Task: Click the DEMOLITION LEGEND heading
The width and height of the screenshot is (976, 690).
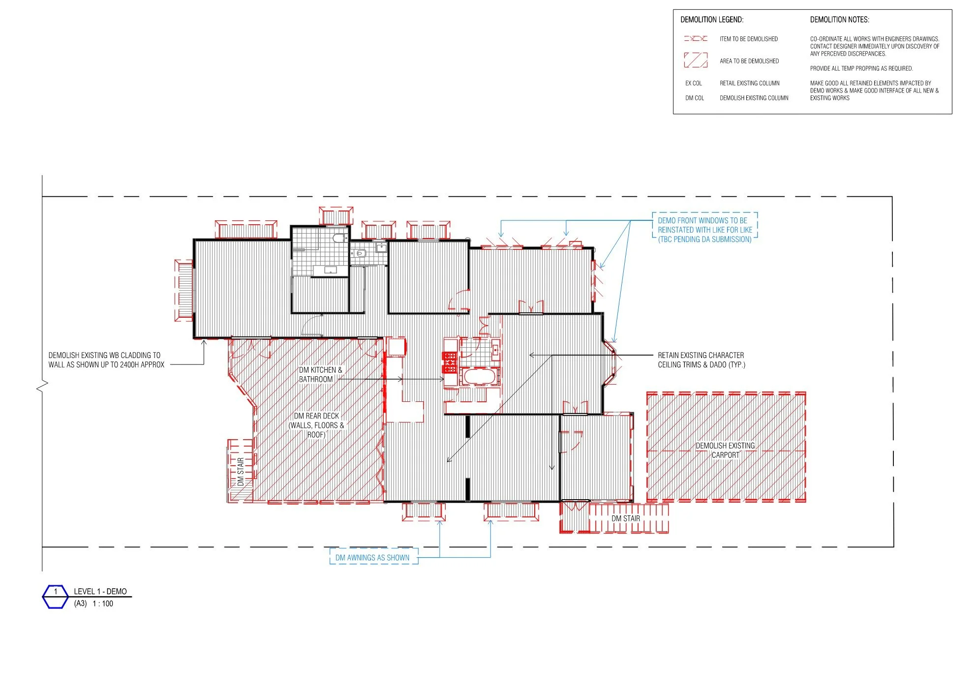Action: [712, 20]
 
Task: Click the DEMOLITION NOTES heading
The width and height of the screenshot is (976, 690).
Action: [840, 20]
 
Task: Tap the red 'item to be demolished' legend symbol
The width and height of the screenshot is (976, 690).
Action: [696, 38]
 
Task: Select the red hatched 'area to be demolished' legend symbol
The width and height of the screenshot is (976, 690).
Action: [696, 60]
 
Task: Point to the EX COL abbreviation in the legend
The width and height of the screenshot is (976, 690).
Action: [694, 83]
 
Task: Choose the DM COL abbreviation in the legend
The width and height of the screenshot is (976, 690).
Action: [695, 98]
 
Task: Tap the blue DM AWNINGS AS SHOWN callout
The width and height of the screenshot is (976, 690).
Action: [373, 557]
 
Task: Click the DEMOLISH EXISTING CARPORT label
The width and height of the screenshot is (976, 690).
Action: [725, 450]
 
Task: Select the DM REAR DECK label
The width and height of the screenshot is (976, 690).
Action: [316, 425]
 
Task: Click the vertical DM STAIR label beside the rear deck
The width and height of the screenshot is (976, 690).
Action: [241, 472]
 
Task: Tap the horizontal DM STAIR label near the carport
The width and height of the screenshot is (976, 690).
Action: [626, 518]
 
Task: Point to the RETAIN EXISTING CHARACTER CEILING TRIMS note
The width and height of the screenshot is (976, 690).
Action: [701, 360]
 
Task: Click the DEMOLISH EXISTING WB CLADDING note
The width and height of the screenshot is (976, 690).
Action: [106, 360]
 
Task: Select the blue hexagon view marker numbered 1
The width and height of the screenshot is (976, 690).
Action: [55, 597]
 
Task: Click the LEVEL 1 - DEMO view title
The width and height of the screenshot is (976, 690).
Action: [100, 591]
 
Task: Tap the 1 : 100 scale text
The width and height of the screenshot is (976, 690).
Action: [103, 603]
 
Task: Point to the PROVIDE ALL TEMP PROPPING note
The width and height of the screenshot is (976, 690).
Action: [861, 68]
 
